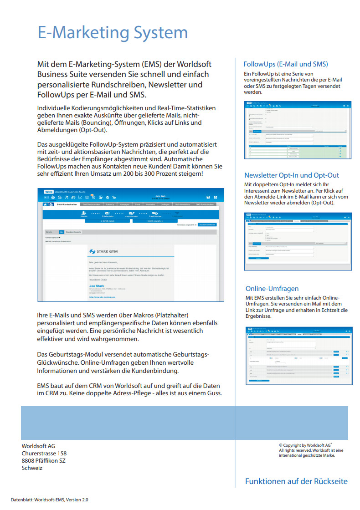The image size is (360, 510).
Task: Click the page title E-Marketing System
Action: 112,33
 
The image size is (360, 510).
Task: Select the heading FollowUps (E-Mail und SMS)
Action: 285,64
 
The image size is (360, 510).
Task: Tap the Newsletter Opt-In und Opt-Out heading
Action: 298,175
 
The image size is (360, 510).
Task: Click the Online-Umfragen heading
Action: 272,289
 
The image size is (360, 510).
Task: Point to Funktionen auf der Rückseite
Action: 296,481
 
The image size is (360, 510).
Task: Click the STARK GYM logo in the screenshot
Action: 107,251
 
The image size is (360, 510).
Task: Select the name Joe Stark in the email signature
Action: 97,286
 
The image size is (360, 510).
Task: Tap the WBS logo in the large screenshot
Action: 48,192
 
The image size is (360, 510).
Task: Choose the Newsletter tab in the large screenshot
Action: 150,204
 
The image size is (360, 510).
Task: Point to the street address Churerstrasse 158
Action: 44,454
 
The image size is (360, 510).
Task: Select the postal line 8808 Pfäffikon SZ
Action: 43,461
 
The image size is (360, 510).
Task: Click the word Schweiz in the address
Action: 32,468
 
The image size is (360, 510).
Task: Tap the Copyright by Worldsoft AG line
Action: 305,445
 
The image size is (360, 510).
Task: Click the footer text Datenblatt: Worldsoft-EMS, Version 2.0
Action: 50,500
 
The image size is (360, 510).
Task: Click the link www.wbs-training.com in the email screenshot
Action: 102,297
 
